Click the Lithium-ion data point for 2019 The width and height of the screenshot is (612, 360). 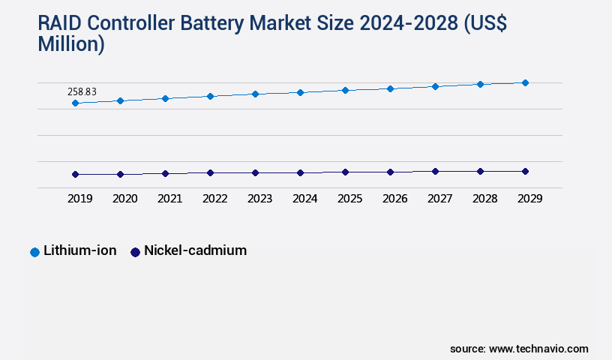(x=75, y=103)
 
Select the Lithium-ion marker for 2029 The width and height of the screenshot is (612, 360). (x=525, y=82)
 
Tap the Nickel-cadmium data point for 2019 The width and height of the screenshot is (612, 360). (x=75, y=174)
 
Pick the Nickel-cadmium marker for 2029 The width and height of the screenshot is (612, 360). (x=525, y=171)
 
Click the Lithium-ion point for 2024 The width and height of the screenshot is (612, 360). (x=300, y=92)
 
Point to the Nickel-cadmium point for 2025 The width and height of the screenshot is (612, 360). (x=345, y=172)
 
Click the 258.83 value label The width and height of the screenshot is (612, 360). (x=82, y=91)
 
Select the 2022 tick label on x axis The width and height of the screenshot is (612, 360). (x=214, y=199)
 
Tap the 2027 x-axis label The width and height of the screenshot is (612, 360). (x=439, y=199)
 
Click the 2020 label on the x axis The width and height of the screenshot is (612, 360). (x=124, y=199)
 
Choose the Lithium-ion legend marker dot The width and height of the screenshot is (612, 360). (x=34, y=252)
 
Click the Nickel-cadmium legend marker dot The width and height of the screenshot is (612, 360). (x=135, y=252)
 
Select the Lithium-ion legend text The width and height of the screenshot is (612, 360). (x=79, y=251)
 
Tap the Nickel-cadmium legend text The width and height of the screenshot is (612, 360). (x=195, y=251)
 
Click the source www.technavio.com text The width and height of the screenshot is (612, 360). (x=519, y=349)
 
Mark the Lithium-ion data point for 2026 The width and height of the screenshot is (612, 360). (x=390, y=88)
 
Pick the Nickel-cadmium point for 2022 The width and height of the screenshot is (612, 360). (x=210, y=172)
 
